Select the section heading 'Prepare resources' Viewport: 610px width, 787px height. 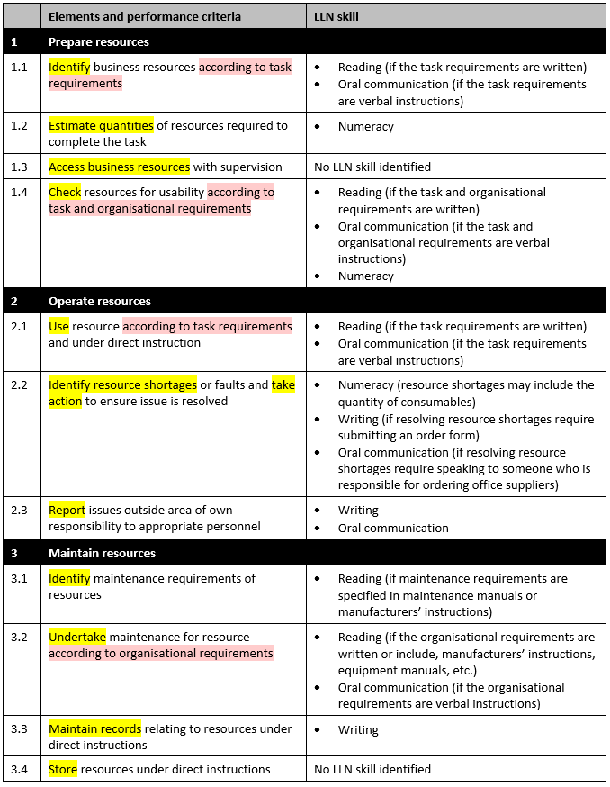pos(99,41)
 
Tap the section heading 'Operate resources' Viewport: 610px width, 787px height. pos(100,301)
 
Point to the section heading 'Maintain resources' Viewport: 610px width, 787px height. pos(102,553)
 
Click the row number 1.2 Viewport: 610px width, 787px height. pos(20,125)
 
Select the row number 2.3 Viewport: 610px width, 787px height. pos(20,510)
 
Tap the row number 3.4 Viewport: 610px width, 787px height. pos(20,769)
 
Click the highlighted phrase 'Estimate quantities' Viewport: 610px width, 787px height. pos(101,125)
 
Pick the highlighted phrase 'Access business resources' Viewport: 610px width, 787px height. pos(119,167)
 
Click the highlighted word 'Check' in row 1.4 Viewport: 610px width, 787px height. pos(65,192)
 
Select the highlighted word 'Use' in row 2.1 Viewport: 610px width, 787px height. pos(58,326)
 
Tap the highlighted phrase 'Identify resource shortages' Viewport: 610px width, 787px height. pos(122,384)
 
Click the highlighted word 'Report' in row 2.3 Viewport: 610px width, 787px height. pos(67,510)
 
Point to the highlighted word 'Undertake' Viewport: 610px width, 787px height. pos(77,637)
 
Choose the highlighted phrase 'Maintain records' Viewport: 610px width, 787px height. pos(94,728)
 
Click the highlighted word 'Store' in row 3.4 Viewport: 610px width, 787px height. pos(63,769)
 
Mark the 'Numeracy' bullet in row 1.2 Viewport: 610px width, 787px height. pos(365,127)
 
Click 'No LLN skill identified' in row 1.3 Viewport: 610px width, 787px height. pos(372,167)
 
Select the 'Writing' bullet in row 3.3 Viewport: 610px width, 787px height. pos(358,730)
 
